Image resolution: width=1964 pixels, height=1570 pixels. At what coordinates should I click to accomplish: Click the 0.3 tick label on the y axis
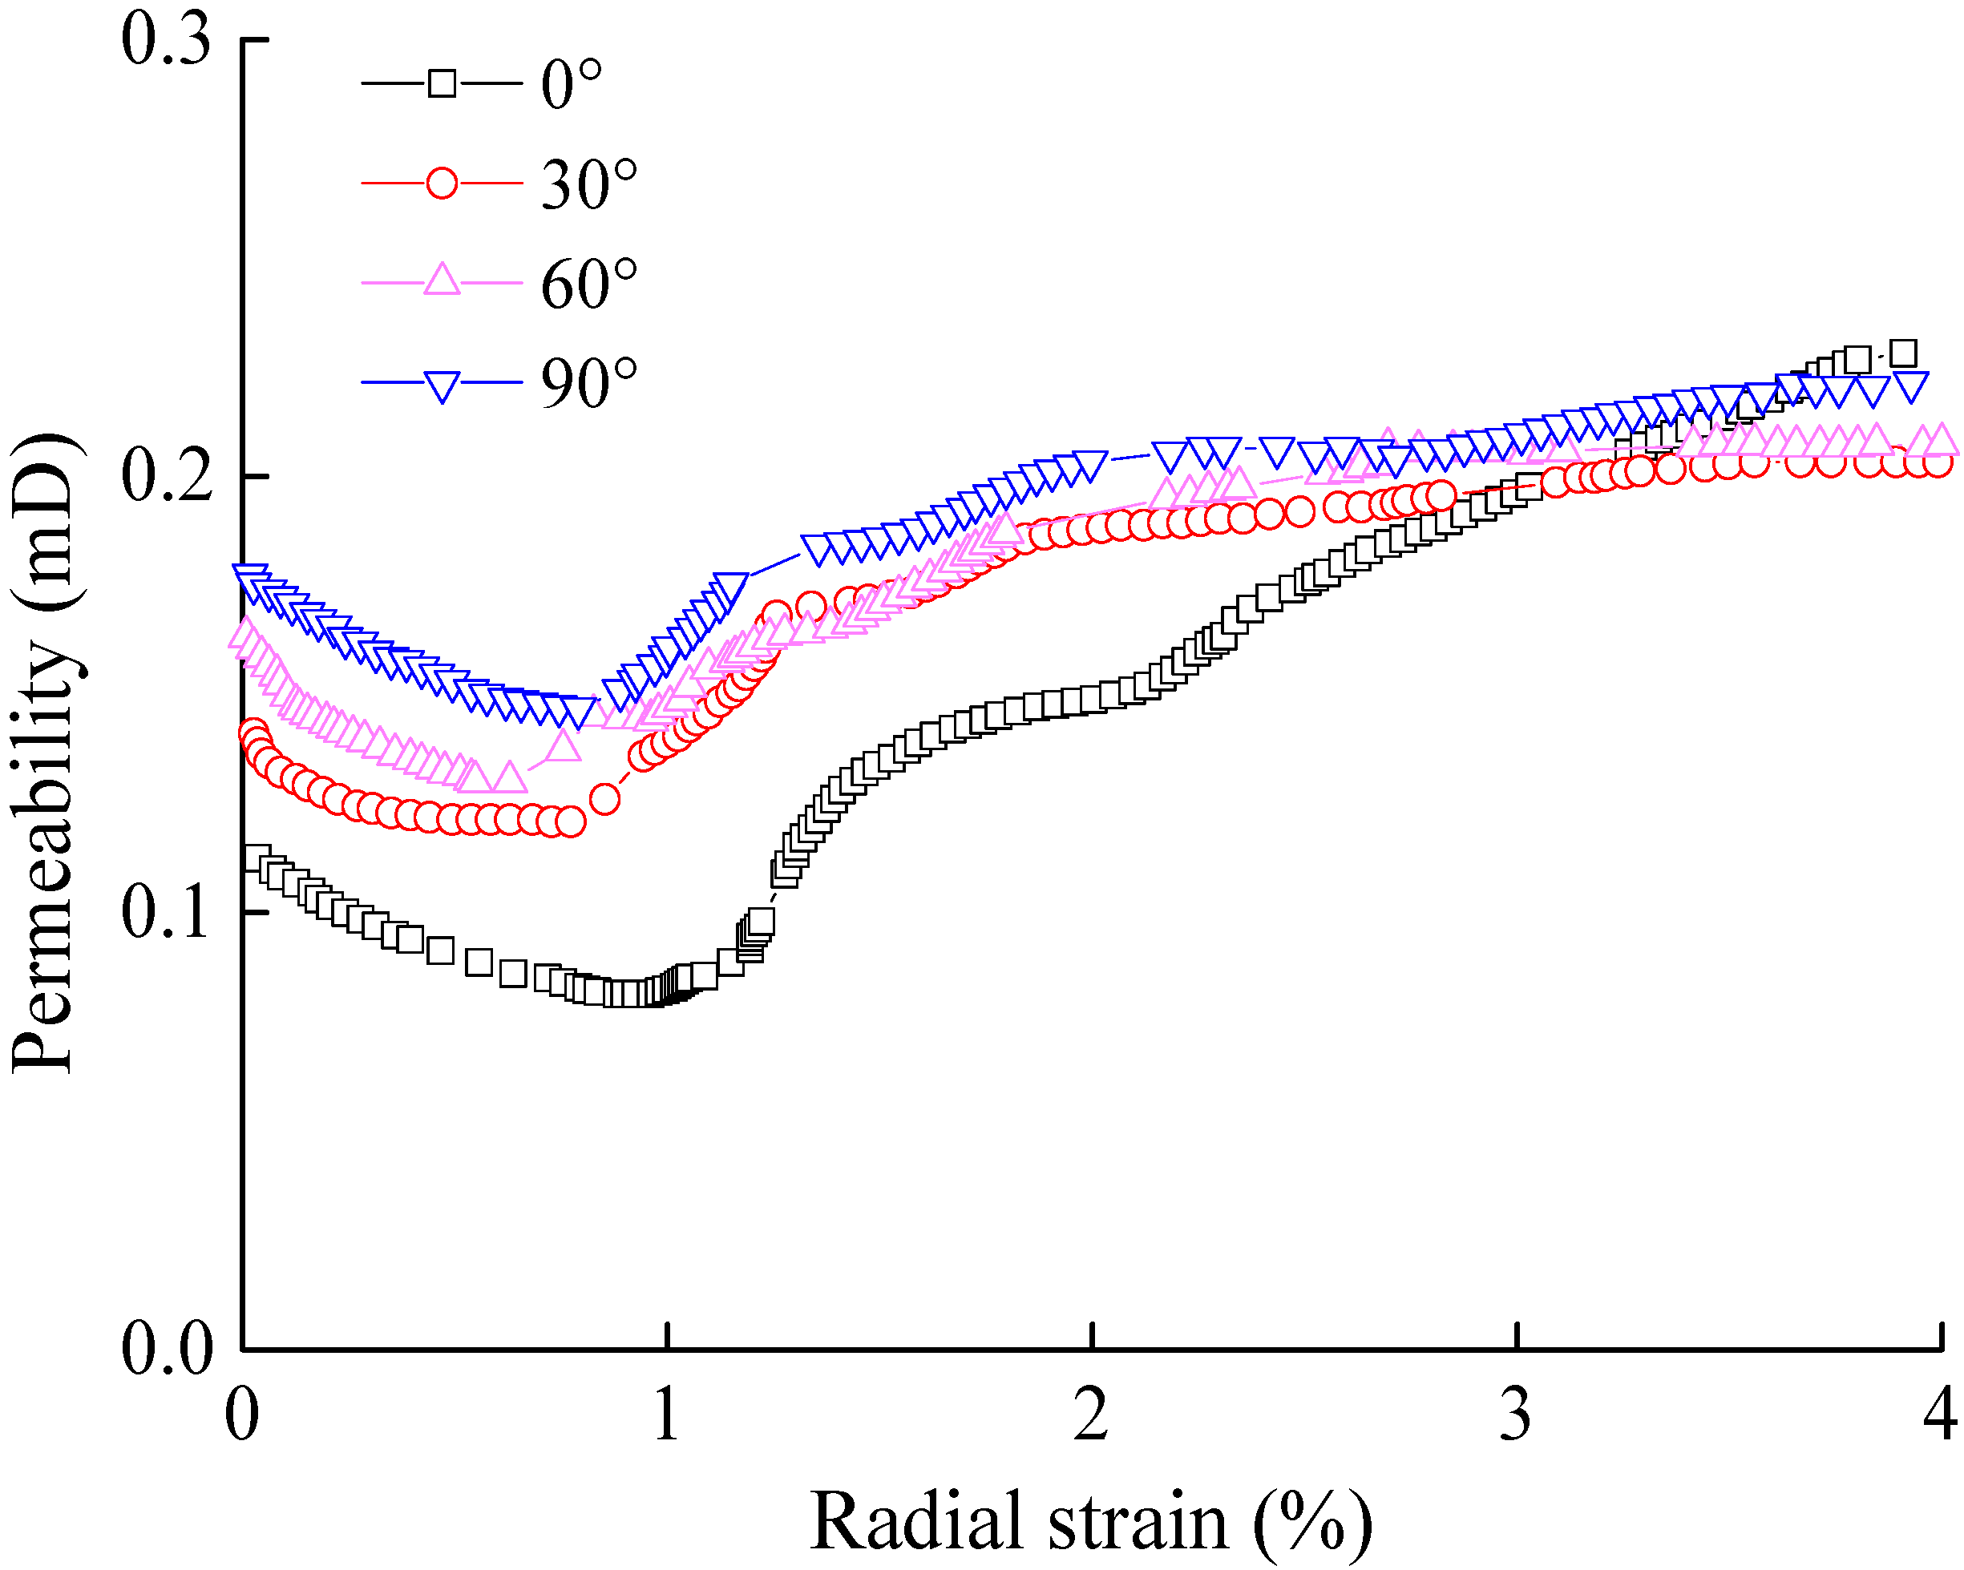[x=166, y=42]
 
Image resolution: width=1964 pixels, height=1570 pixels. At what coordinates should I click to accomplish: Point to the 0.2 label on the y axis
[x=166, y=477]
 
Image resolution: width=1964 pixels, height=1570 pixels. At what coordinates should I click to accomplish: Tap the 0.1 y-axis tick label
[x=166, y=913]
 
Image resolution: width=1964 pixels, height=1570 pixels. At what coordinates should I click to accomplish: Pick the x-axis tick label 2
[x=1091, y=1415]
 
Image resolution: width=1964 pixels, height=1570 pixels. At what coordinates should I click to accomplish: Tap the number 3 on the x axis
[x=1516, y=1415]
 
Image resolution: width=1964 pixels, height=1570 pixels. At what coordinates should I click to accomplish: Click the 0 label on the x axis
[x=242, y=1415]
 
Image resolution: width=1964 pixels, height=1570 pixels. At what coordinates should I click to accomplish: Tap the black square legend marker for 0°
[x=442, y=84]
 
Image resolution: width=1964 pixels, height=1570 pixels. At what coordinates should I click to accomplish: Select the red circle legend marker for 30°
[x=442, y=183]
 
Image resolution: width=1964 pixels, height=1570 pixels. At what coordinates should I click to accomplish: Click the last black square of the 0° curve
[x=1902, y=353]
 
